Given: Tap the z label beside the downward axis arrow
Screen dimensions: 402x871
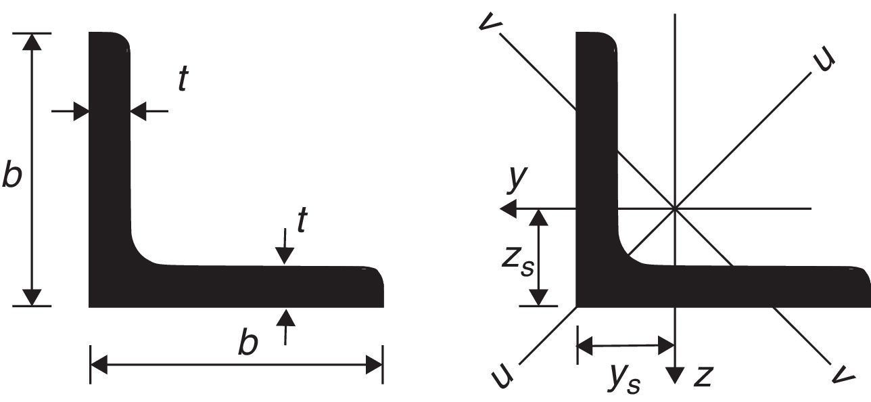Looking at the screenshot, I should (703, 376).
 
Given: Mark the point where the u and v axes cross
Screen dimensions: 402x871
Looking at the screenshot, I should (675, 208).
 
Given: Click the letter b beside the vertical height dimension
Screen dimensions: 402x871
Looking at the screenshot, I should (12, 174).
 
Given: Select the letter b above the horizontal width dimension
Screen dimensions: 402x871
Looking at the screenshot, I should (248, 344).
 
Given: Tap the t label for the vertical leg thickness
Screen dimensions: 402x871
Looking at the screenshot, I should (183, 80).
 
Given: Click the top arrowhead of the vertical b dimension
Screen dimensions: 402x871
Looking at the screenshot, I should (32, 41).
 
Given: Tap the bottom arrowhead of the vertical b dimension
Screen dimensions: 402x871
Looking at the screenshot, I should (32, 298).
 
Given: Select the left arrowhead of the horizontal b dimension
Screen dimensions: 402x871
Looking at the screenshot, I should (99, 366).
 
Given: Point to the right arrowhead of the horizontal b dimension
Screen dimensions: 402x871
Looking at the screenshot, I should (375, 366).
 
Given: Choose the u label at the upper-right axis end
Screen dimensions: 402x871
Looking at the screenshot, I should (824, 60).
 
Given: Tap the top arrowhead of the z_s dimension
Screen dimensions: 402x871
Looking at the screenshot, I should (538, 217).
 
